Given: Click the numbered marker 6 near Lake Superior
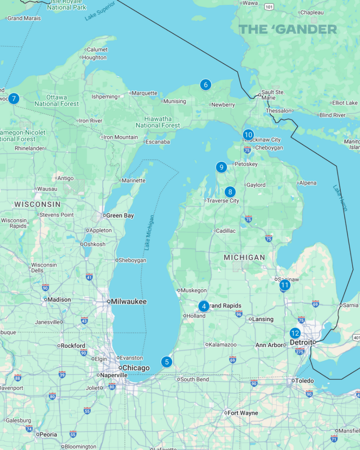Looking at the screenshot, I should (206, 84).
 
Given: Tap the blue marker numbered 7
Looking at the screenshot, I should (14, 98).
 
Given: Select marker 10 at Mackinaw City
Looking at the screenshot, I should (248, 135).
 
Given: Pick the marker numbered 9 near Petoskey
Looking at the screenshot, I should (221, 167).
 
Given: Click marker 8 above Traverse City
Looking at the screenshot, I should (230, 192).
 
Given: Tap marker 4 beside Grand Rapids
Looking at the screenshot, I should (204, 306).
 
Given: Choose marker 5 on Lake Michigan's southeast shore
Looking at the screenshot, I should (167, 362).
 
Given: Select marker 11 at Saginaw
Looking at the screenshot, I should (285, 285).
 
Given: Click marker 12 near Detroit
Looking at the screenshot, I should (295, 333).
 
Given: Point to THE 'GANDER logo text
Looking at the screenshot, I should (288, 30).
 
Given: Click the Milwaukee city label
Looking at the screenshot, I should (129, 302).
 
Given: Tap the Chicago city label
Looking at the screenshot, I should (136, 368).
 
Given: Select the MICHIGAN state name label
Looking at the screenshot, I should (244, 258).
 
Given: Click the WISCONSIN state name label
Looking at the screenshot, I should (38, 204).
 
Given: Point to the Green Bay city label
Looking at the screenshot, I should (120, 216).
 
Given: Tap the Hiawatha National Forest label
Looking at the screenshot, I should (158, 122).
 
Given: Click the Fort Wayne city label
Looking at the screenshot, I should (243, 413).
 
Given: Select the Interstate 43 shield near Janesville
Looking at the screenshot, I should (84, 320).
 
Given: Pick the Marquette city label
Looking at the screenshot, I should (144, 93).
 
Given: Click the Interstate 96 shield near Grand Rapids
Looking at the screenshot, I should (239, 314).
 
